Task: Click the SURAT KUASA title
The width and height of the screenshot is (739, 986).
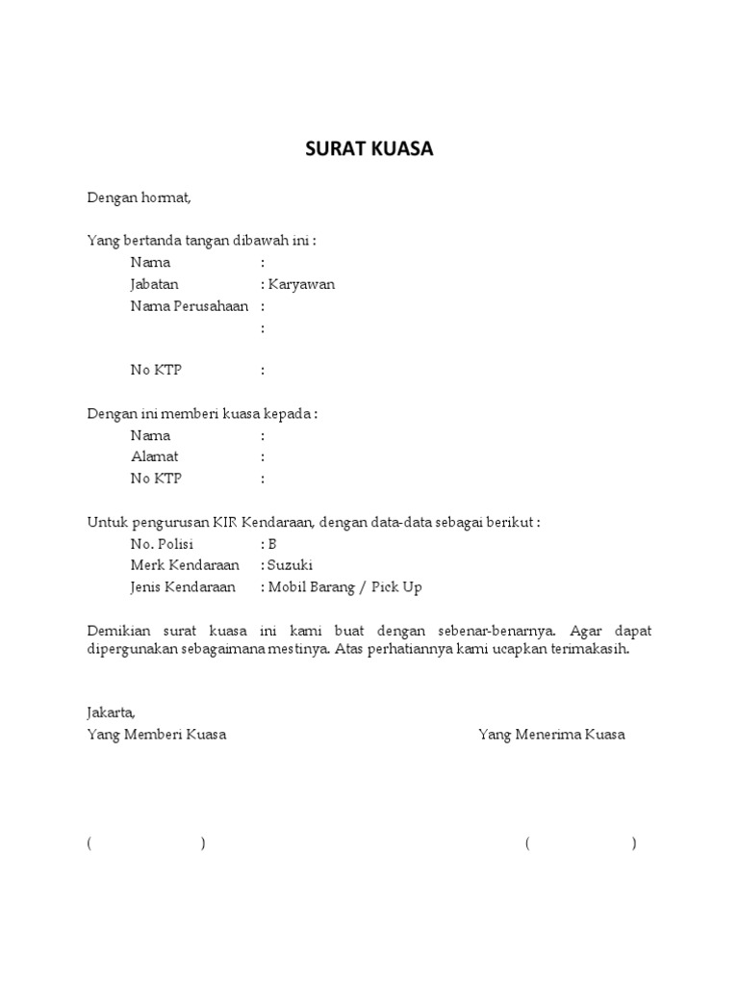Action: [x=369, y=149]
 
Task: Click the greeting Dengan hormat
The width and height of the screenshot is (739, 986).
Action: [x=140, y=198]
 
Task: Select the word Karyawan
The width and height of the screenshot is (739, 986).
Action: [x=302, y=285]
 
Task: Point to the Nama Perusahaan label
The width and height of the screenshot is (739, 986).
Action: [x=190, y=306]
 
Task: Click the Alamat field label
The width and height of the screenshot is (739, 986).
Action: [x=154, y=456]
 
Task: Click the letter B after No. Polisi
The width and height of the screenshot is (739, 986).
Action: [x=272, y=543]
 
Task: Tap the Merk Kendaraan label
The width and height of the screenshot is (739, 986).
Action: [x=185, y=565]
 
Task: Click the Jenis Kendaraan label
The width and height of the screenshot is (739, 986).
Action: [x=185, y=586]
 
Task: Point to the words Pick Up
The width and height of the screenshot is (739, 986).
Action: [x=397, y=586]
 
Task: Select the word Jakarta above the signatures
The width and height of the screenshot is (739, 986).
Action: [x=111, y=714]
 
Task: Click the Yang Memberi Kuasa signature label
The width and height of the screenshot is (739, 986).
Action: [x=157, y=735]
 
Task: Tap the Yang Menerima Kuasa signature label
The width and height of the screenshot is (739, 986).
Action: [x=551, y=735]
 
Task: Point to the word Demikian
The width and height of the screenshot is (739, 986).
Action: [x=120, y=631]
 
